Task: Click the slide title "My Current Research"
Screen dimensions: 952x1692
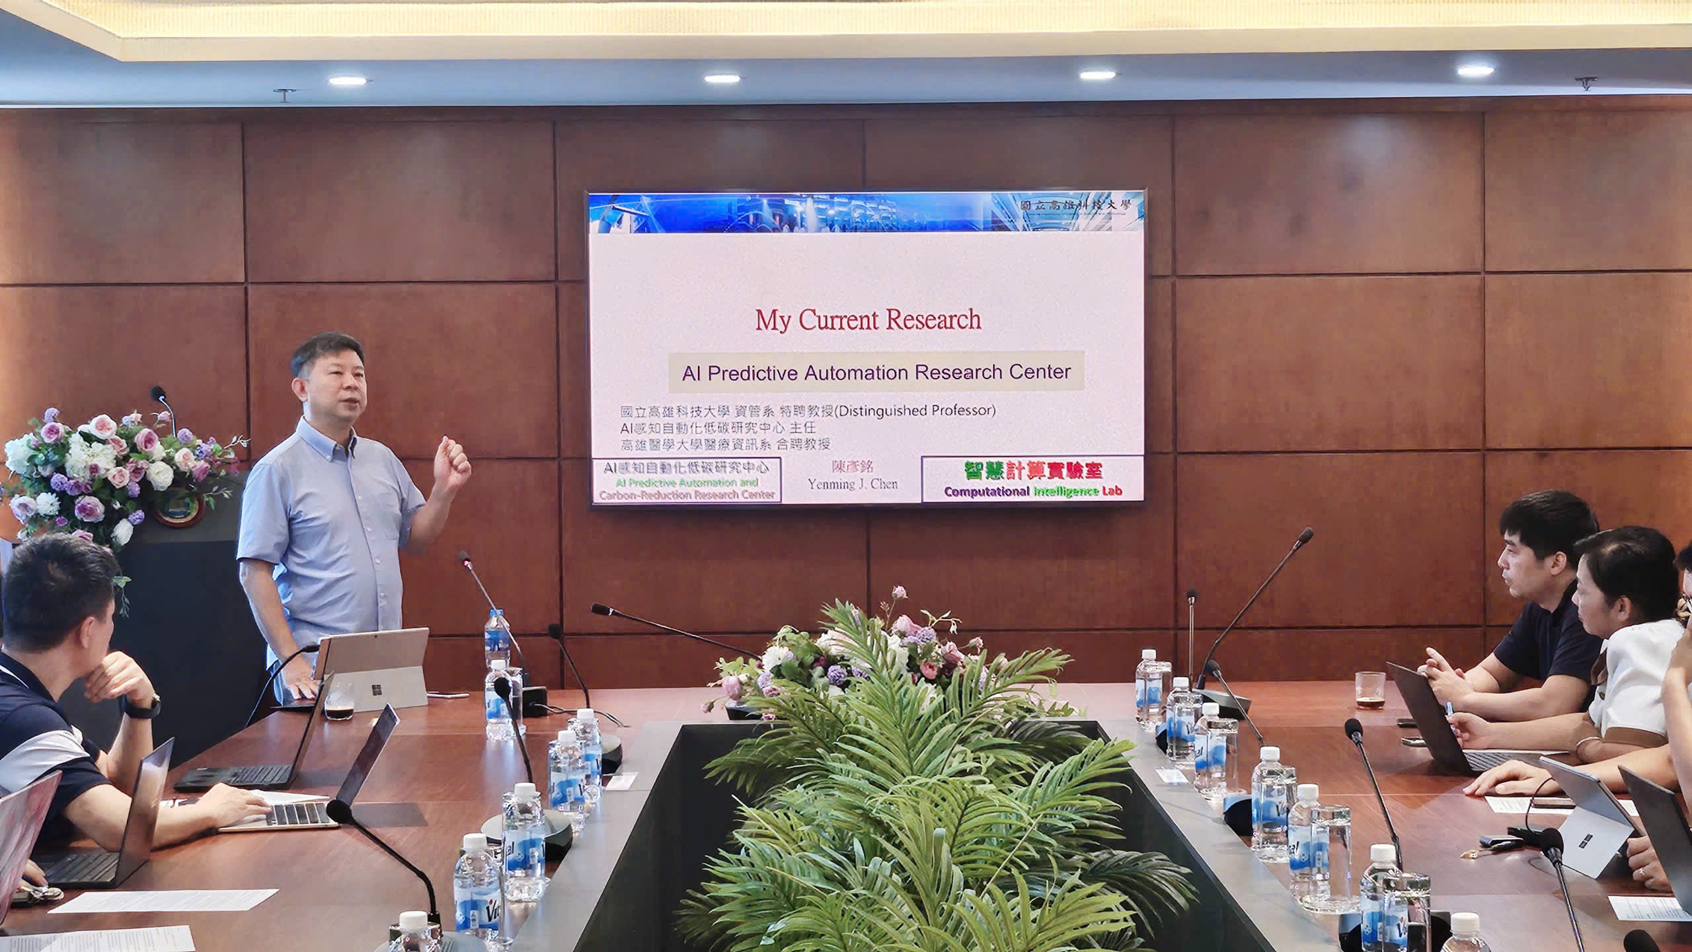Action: pyautogui.click(x=868, y=320)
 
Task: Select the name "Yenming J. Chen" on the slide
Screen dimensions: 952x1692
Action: pyautogui.click(x=853, y=484)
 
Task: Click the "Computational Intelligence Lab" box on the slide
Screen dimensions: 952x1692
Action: pyautogui.click(x=1032, y=479)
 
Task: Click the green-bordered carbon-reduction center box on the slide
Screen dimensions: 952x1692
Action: pyautogui.click(x=687, y=480)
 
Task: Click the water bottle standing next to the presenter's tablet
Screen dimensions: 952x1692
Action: pyautogui.click(x=496, y=638)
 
